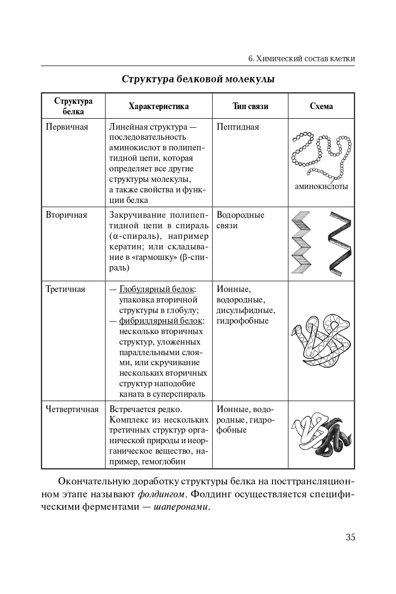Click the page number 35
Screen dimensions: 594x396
[x=350, y=537]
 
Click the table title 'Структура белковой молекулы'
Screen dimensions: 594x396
[x=198, y=79]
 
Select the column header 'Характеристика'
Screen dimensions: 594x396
[x=158, y=106]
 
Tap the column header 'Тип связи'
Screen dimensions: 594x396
[x=250, y=106]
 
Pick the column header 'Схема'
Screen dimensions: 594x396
[x=321, y=106]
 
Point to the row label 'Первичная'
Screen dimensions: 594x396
[x=67, y=127]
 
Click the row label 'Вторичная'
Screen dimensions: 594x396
[x=67, y=215]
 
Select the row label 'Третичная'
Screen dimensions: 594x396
[x=66, y=289]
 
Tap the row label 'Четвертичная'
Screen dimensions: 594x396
[x=72, y=409]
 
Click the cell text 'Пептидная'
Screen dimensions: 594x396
[x=238, y=127]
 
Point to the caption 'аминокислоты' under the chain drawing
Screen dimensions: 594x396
[x=321, y=187]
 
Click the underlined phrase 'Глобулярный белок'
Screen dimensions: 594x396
[x=157, y=290]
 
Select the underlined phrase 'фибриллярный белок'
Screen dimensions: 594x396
[x=161, y=321]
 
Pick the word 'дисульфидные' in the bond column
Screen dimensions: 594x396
[x=246, y=310]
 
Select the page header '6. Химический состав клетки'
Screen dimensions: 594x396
[x=302, y=58]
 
